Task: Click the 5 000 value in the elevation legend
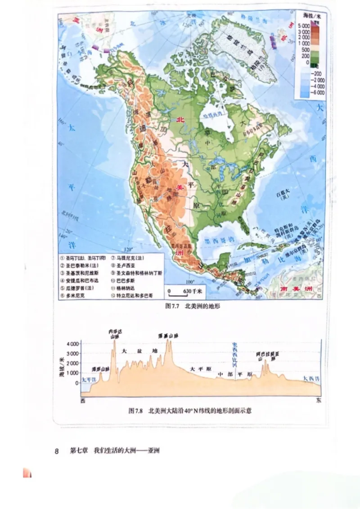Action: [x=303, y=27]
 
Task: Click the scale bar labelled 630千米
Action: [x=184, y=291]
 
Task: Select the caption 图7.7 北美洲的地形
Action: [x=192, y=306]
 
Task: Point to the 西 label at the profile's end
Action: [x=83, y=400]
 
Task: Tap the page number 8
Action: [x=57, y=451]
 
